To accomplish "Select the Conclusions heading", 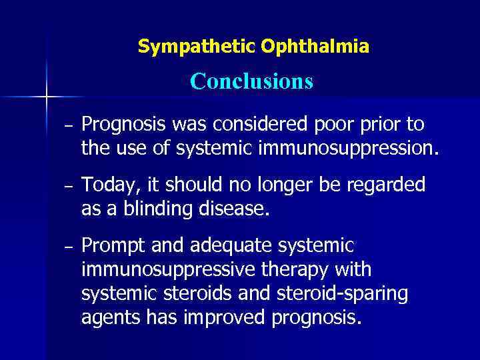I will pos(251,81).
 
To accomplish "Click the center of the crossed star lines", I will pos(47,97).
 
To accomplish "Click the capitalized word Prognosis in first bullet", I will pos(125,125).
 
